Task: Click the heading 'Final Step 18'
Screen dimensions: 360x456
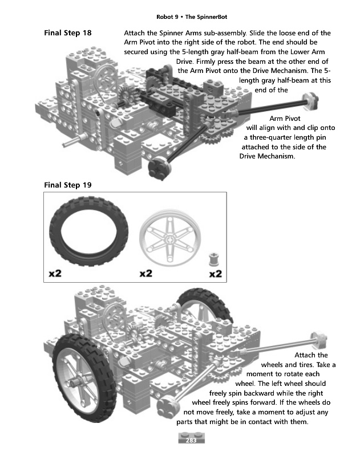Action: point(68,33)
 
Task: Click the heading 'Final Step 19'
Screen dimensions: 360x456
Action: point(68,185)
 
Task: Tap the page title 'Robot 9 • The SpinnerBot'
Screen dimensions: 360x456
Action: point(192,17)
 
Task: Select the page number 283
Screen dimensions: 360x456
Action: point(191,440)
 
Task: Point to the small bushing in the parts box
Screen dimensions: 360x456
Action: point(214,259)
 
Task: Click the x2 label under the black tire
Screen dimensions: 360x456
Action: point(55,274)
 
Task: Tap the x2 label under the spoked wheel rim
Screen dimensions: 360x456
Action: point(146,274)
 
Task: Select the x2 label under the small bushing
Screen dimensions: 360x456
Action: point(216,274)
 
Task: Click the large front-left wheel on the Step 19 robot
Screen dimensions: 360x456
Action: point(84,378)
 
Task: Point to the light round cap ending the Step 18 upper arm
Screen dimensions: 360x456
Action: point(311,101)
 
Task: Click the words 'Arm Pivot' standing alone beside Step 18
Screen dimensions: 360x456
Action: point(285,119)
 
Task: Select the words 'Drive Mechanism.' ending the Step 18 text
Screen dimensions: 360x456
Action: point(267,156)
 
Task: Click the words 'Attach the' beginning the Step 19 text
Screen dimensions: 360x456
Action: point(311,355)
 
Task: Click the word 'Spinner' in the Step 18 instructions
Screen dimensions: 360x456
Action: point(171,33)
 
